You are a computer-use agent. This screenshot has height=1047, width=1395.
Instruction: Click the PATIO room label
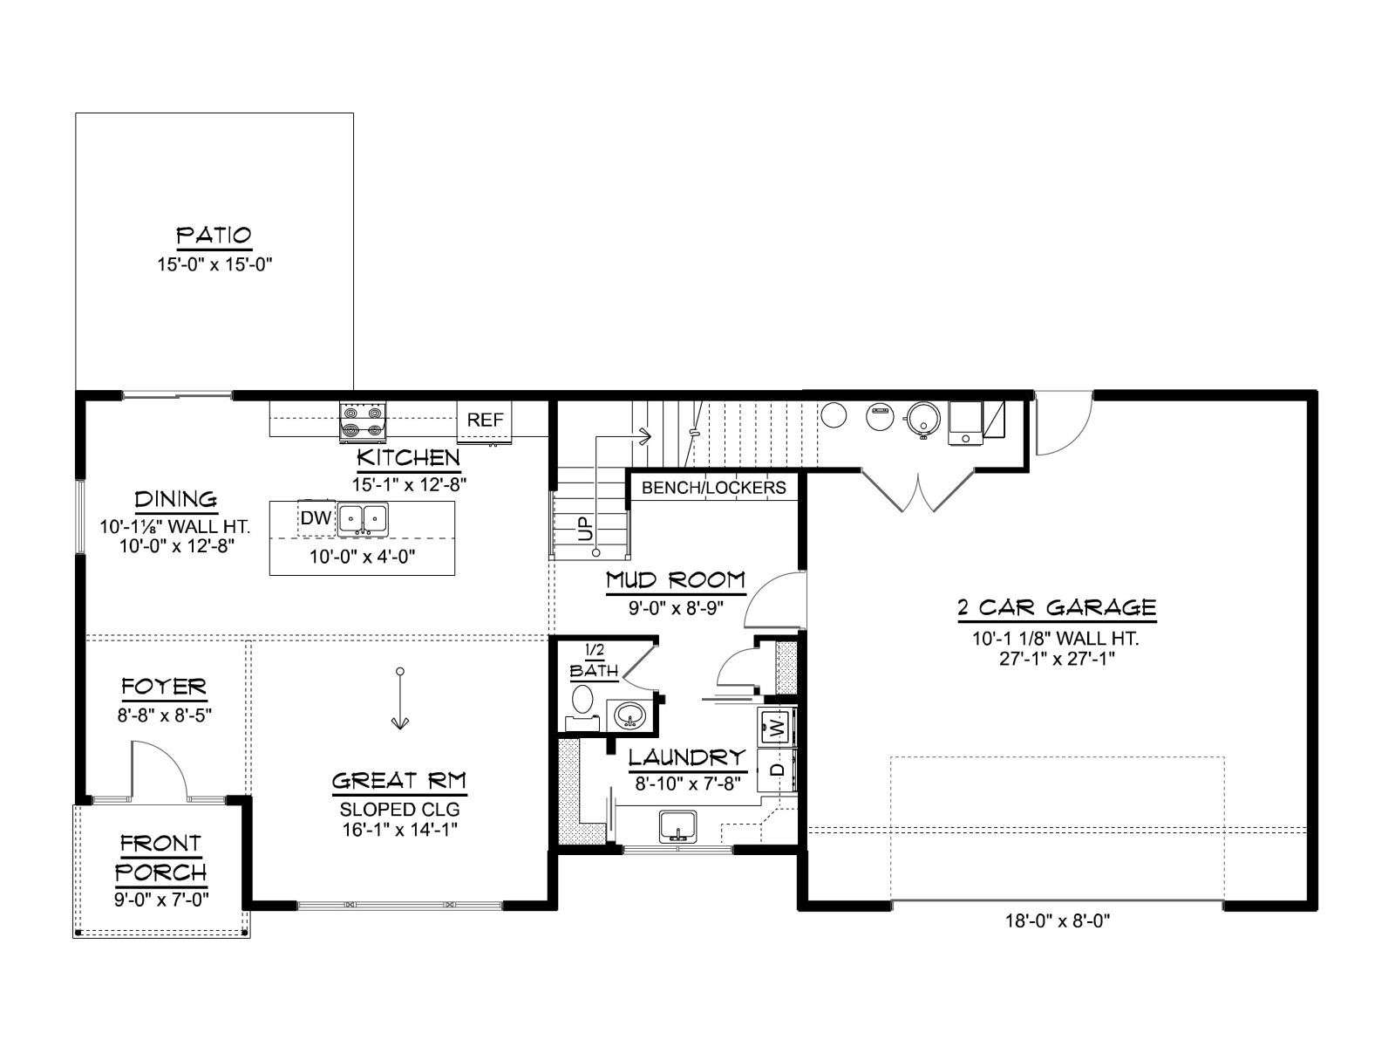(x=214, y=236)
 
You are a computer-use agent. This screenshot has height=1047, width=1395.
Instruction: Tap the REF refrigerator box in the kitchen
(x=484, y=421)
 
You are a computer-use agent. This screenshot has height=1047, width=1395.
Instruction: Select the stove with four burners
(x=362, y=421)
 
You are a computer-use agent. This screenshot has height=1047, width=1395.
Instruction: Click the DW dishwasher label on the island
(x=316, y=518)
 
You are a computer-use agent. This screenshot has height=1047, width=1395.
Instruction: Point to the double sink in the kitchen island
(x=362, y=519)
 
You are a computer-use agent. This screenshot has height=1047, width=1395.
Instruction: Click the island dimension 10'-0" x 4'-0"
(x=362, y=557)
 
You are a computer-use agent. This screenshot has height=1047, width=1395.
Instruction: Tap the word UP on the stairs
(x=586, y=528)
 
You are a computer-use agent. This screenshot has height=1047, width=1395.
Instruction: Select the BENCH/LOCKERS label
(x=714, y=488)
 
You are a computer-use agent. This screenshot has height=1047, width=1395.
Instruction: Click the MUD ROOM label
(x=676, y=579)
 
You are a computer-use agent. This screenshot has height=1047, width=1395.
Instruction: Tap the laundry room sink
(x=678, y=826)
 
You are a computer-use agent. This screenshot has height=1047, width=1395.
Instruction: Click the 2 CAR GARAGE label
(x=1057, y=608)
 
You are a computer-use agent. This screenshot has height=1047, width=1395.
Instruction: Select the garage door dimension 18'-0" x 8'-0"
(x=1058, y=920)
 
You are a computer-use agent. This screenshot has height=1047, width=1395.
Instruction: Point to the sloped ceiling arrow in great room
(x=399, y=698)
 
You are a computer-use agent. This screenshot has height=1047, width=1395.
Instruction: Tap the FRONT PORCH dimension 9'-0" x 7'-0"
(x=161, y=900)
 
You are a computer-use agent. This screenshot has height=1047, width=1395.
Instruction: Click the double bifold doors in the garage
(x=918, y=489)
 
